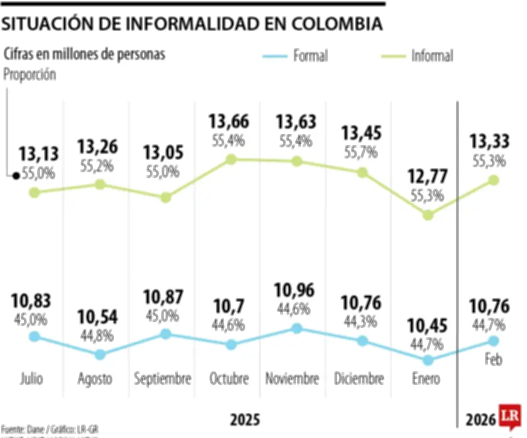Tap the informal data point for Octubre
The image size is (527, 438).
click(231, 159)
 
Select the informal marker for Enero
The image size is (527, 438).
click(428, 214)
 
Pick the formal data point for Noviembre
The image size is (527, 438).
click(296, 328)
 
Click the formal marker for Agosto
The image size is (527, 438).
click(100, 354)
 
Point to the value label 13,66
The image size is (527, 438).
click(230, 122)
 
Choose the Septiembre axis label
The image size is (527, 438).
click(163, 379)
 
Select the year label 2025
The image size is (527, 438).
click(244, 420)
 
